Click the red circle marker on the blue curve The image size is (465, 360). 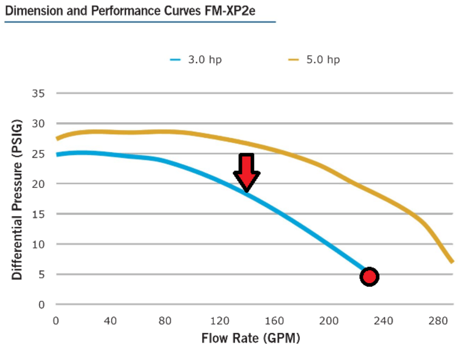[369, 276]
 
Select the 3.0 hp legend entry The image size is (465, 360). [196, 60]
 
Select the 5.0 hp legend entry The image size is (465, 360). [314, 60]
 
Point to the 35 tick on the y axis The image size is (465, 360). [38, 93]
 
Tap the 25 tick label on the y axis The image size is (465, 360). [38, 154]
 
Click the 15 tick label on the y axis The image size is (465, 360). [38, 214]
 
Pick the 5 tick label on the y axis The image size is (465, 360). [41, 274]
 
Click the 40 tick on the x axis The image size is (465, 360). [110, 321]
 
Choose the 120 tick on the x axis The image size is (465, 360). [220, 321]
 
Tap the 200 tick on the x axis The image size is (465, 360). [329, 321]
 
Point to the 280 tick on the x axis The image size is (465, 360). [438, 321]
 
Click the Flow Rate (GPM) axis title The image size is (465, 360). [251, 338]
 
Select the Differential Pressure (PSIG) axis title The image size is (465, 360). [17, 200]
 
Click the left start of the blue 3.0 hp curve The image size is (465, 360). [58, 155]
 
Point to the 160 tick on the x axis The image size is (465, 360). [274, 321]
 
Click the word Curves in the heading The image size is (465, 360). [183, 11]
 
